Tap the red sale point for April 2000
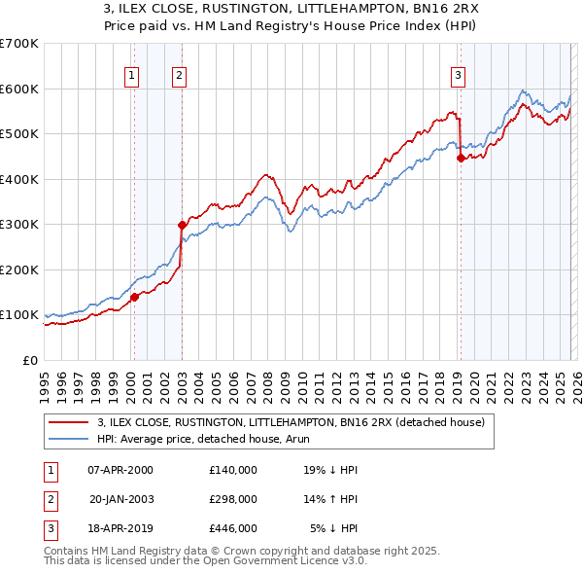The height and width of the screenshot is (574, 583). point(134,297)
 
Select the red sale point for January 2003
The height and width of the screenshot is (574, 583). point(182,225)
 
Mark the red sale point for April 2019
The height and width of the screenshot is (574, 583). point(461,159)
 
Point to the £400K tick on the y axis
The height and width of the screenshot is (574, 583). point(19,179)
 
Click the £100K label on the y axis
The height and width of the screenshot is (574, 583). point(19,314)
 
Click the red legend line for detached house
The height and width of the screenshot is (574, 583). point(68,422)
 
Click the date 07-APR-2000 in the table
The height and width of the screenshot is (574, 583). point(120,470)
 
